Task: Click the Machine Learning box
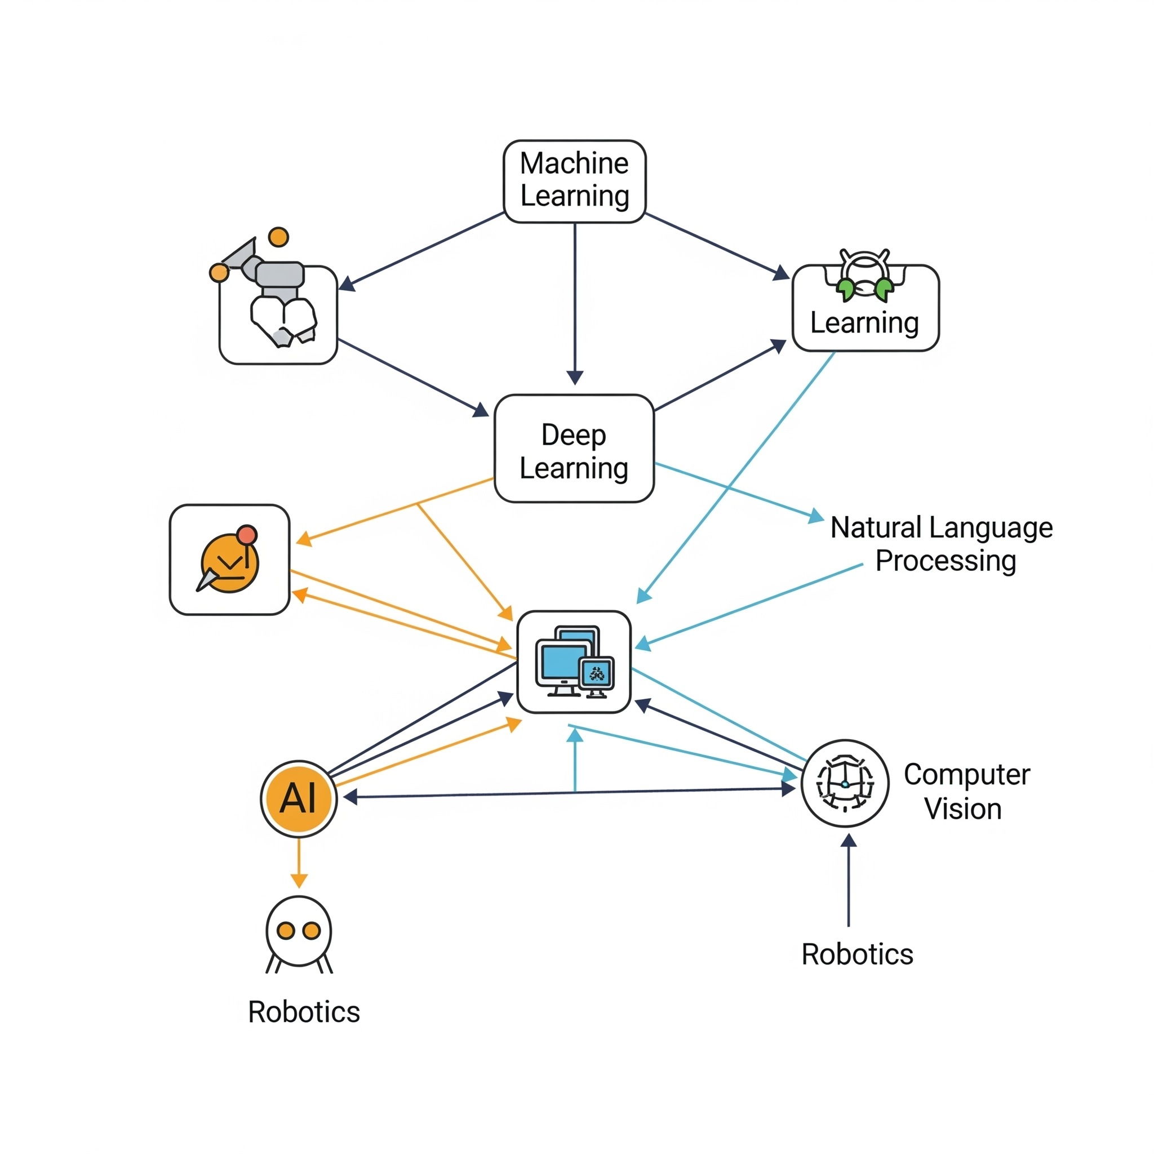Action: [x=574, y=181]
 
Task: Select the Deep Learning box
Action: [x=574, y=448]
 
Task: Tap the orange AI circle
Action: [x=299, y=798]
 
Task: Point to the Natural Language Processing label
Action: [x=942, y=544]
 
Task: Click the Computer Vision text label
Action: [x=966, y=792]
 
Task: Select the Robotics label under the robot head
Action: [x=304, y=1012]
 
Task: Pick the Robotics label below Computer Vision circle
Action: [x=856, y=954]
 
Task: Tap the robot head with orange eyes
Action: [x=299, y=932]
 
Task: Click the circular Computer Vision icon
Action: [x=845, y=783]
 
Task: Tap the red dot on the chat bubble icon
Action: [x=247, y=534]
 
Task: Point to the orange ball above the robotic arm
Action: [x=278, y=237]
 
